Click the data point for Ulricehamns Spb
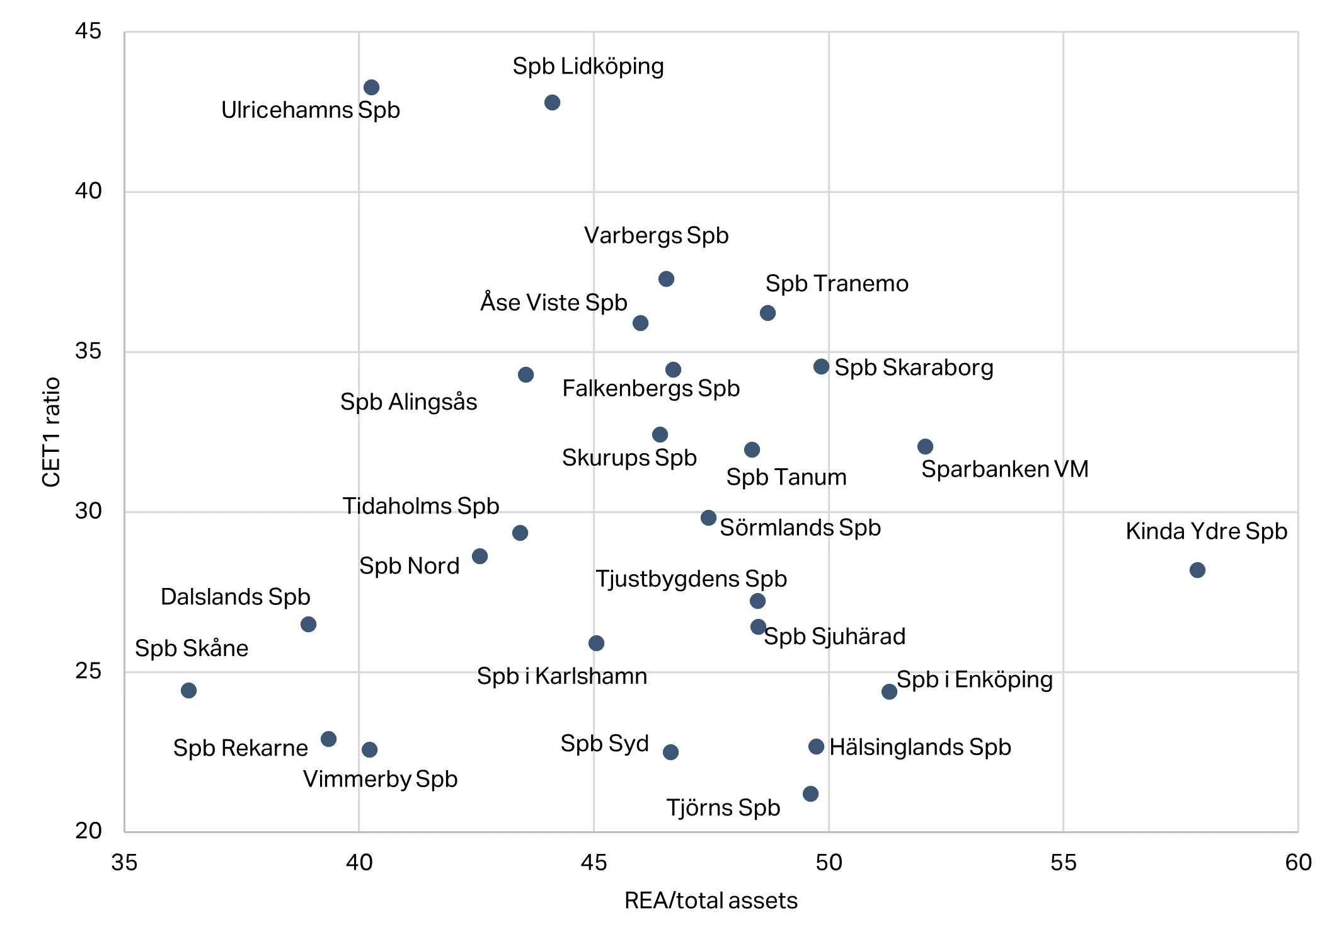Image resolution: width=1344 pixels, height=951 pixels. click(x=371, y=88)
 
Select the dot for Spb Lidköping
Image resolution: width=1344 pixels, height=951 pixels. click(x=552, y=103)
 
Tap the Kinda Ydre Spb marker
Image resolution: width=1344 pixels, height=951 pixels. click(x=1197, y=570)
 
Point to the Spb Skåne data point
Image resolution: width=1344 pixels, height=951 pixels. click(x=188, y=691)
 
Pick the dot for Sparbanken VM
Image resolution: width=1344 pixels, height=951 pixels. click(x=925, y=447)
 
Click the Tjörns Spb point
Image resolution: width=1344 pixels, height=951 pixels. click(x=811, y=794)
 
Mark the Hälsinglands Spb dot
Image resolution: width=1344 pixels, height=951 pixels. click(x=816, y=747)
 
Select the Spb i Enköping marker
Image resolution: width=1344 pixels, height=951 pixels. click(x=889, y=692)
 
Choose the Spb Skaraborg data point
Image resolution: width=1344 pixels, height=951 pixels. click(x=821, y=367)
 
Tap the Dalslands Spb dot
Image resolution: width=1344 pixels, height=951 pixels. click(x=308, y=625)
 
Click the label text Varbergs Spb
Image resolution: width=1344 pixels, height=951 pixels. click(x=656, y=236)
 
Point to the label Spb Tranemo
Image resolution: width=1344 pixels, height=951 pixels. click(x=837, y=284)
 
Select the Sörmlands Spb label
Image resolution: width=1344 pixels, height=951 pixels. click(x=800, y=527)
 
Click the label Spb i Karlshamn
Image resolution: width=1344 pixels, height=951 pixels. click(x=561, y=676)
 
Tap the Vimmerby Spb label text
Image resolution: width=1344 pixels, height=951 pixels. click(x=380, y=779)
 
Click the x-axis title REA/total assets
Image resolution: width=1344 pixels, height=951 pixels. click(x=711, y=901)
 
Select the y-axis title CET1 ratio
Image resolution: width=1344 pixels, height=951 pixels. click(x=52, y=432)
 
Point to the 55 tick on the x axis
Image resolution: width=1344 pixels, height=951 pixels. click(x=1063, y=862)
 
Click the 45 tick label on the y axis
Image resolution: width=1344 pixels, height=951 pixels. click(x=88, y=31)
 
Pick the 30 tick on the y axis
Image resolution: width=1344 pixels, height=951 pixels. click(x=88, y=511)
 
